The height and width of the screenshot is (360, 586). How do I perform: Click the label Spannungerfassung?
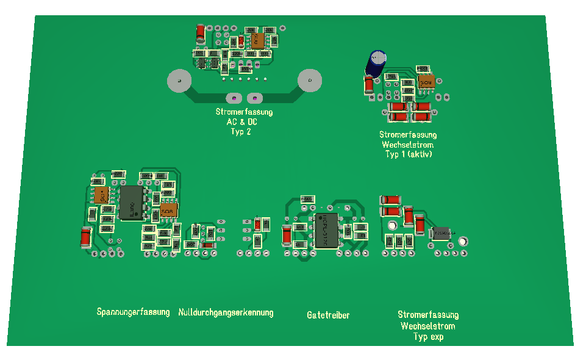(133, 312)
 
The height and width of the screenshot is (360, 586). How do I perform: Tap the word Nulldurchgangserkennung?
(226, 312)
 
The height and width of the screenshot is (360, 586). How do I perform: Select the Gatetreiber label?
(328, 315)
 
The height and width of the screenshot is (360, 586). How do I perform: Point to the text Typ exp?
(428, 337)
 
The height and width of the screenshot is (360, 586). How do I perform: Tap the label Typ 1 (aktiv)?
(408, 154)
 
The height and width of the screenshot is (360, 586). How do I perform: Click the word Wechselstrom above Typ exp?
(427, 326)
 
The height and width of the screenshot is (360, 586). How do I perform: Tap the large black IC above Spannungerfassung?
(131, 203)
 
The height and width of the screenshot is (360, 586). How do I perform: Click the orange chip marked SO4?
(102, 195)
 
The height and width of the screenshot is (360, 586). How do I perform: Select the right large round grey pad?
(309, 81)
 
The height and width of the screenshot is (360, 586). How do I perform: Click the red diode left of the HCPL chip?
(287, 235)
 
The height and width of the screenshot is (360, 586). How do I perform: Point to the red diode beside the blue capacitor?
(369, 85)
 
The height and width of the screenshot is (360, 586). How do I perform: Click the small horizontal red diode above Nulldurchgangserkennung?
(208, 245)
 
